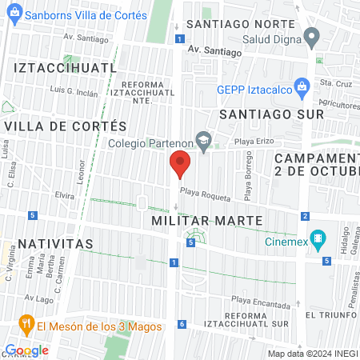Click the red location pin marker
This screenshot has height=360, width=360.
coord(180,165)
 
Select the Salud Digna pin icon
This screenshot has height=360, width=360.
coord(312,36)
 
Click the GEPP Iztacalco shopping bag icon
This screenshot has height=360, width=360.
coord(302,86)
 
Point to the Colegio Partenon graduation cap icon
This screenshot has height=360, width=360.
coord(204,140)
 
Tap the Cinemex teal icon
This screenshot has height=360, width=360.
coord(318,238)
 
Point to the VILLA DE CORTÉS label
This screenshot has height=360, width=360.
coord(66,126)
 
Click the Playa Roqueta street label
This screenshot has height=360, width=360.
coord(205,193)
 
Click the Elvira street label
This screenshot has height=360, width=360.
coord(65,194)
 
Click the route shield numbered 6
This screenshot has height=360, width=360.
coord(182,324)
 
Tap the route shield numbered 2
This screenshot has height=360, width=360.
coord(306,216)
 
